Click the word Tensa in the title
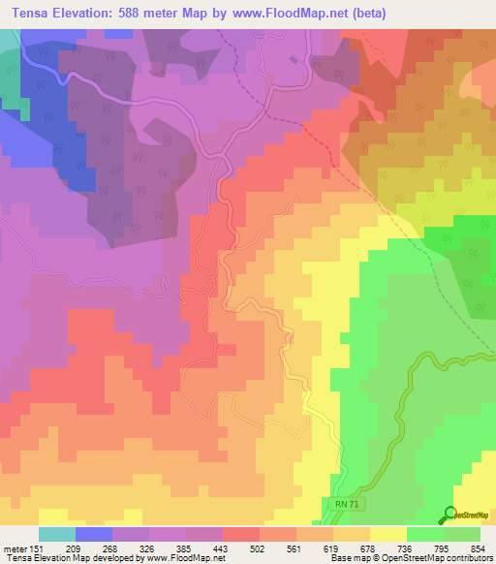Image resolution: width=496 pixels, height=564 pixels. point(28,16)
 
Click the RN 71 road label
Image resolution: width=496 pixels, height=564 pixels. point(336,504)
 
